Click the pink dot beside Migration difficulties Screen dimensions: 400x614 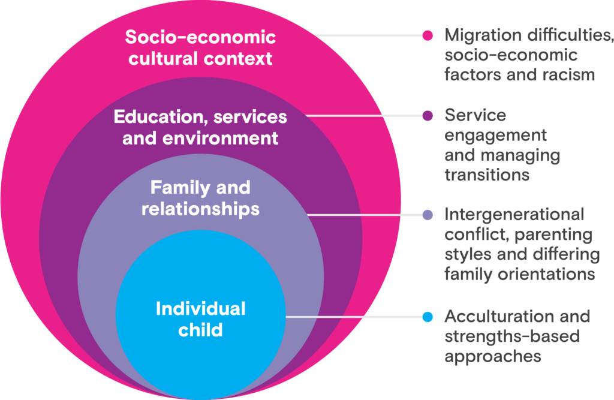[428, 35]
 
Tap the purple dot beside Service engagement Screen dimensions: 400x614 [428, 115]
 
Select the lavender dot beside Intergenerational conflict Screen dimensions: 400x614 [428, 214]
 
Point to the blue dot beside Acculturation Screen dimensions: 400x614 [428, 317]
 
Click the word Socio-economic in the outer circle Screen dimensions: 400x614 [200, 37]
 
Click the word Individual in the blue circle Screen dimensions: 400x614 [200, 308]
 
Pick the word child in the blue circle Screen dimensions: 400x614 [200, 329]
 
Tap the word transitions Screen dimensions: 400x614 [487, 175]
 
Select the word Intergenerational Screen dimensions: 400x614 [514, 214]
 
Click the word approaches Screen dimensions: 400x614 [493, 356]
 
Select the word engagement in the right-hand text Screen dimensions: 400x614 [495, 135]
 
